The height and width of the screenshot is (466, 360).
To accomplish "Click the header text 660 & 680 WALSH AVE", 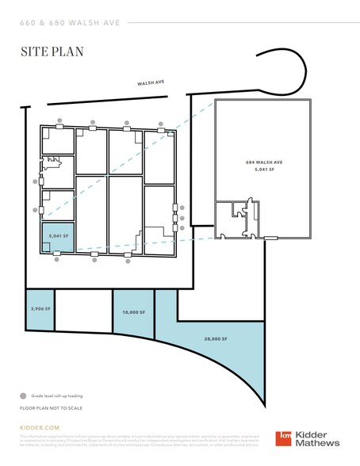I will pos(71,22).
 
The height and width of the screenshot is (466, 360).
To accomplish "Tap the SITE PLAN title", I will pos(52,52).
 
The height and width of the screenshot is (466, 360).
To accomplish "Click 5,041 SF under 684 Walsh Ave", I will pos(264,170).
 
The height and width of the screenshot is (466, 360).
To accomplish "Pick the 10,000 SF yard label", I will pos(132,312).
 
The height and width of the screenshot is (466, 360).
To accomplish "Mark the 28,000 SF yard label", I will pos(215,338).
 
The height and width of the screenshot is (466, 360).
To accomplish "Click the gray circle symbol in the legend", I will pos(23,395).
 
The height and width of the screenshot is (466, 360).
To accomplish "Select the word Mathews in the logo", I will pos(319,445).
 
